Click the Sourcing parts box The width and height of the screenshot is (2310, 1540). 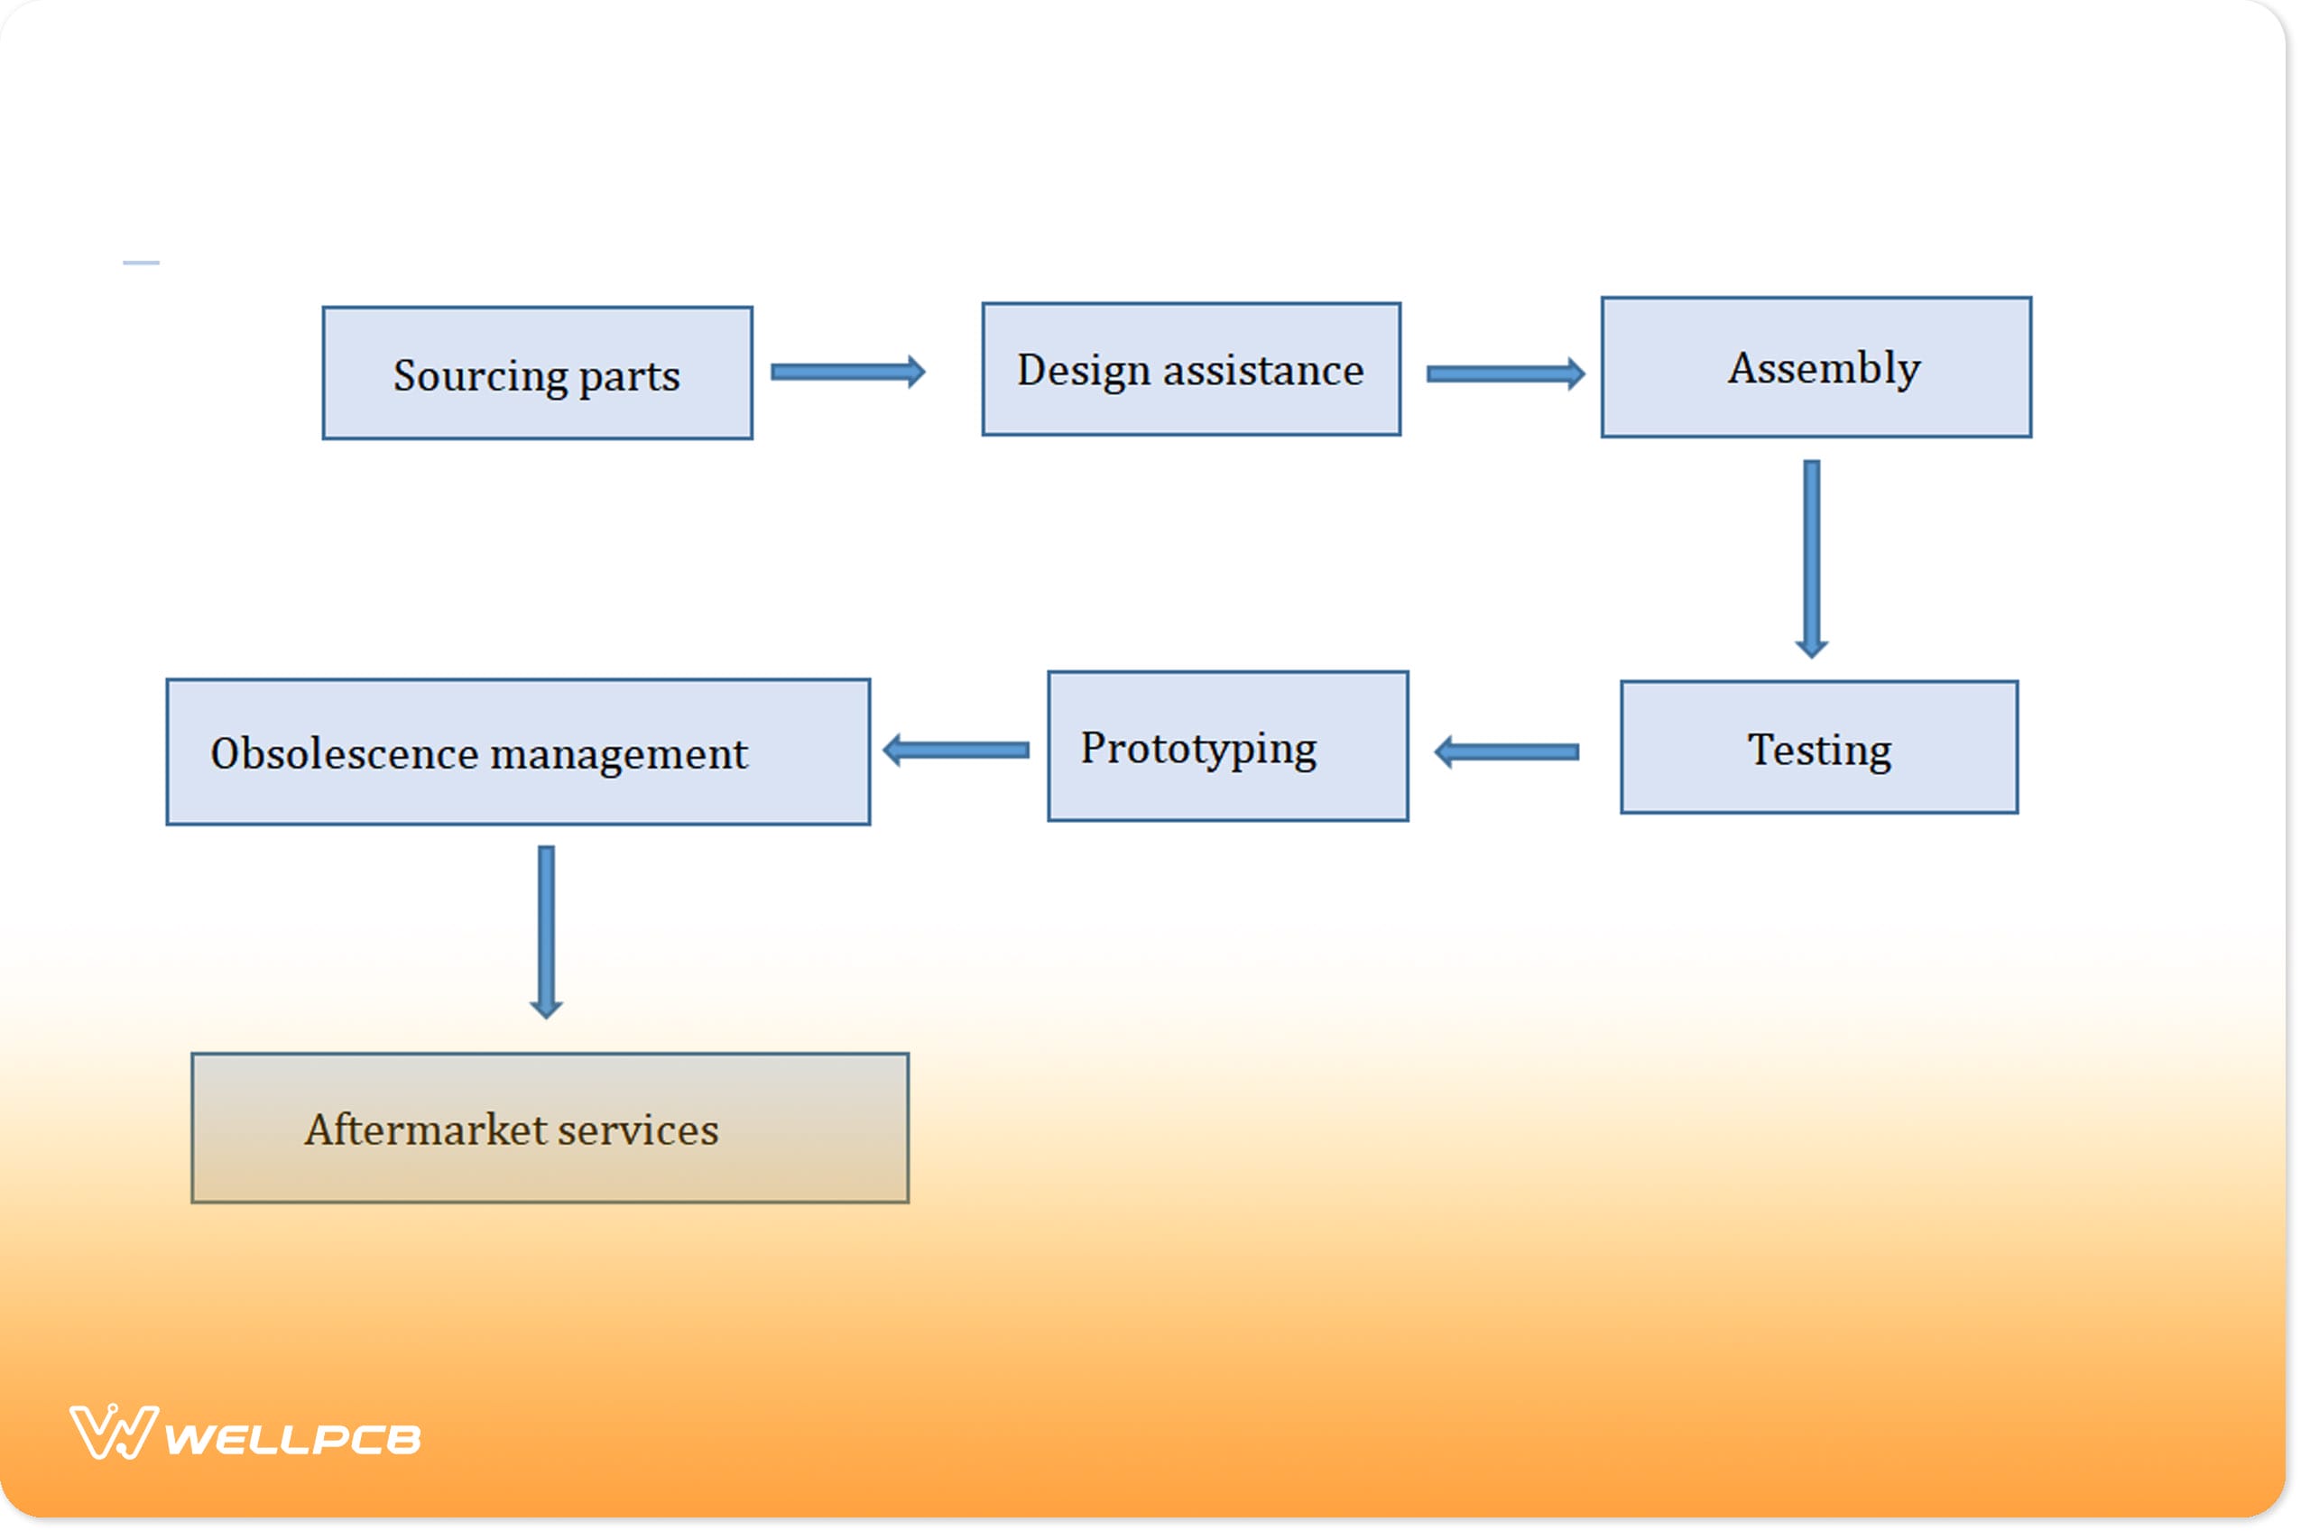coord(537,373)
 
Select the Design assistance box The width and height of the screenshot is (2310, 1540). coord(1190,369)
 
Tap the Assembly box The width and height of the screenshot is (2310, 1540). coord(1816,367)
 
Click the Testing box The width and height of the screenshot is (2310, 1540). coord(1819,747)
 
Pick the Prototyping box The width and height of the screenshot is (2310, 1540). coord(1228,746)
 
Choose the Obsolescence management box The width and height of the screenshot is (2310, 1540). coord(518,752)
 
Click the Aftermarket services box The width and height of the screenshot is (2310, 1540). coord(550,1129)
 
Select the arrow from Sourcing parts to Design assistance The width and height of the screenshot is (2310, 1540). coord(847,373)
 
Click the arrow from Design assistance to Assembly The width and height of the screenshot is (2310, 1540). coord(1504,374)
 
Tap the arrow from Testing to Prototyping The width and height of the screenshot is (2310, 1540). coord(1507,752)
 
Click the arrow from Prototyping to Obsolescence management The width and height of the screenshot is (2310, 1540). coord(956,752)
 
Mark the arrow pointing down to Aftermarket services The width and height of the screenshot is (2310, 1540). coord(546,931)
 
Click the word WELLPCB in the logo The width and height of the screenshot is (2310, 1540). coord(292,1440)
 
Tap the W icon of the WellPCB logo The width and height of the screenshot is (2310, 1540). coord(113,1433)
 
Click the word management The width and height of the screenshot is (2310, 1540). coord(619,754)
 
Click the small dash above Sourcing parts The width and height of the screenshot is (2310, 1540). coord(142,263)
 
